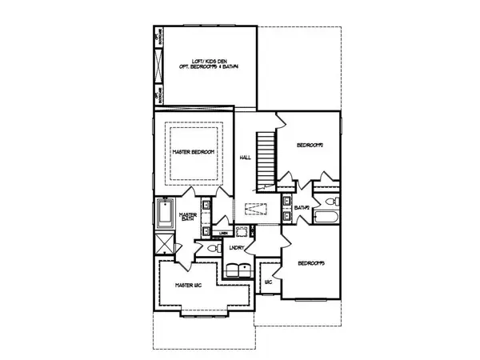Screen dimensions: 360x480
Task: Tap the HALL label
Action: tap(246, 158)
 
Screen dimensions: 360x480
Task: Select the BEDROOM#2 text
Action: tap(310, 146)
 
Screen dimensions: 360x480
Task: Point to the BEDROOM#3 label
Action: tap(311, 262)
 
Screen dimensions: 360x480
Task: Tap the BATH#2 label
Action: tap(302, 207)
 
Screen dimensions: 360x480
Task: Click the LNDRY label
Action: tap(235, 247)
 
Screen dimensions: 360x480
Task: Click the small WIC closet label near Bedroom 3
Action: tap(268, 282)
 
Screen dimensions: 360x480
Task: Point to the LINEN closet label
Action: tap(224, 233)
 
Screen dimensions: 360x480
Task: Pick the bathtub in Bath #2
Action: tap(326, 218)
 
